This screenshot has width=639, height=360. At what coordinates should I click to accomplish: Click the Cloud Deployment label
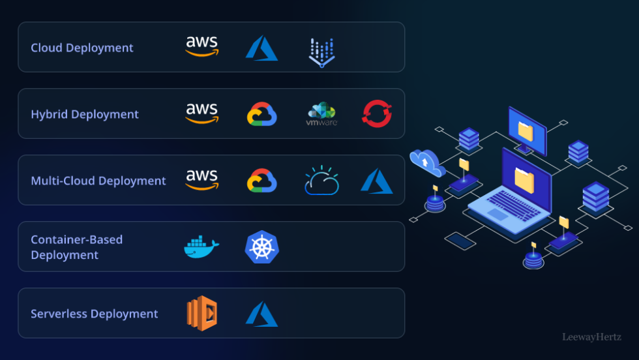coord(82,48)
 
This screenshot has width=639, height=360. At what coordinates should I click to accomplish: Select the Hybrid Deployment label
coord(85,114)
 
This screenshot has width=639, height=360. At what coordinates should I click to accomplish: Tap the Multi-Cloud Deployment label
coord(98,181)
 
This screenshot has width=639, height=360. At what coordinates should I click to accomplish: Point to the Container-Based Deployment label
coord(77,247)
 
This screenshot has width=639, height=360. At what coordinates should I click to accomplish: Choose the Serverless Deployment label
coord(95,314)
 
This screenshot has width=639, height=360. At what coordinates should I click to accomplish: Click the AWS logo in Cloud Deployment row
coord(202,46)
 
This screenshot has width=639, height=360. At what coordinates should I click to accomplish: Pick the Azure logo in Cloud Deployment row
coord(261,48)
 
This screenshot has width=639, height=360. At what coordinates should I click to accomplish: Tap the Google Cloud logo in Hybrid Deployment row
coord(262,114)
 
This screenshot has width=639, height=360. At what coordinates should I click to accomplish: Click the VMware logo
coord(321,113)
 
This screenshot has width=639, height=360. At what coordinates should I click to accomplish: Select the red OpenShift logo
coord(377,113)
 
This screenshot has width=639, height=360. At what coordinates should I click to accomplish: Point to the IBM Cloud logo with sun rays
coord(321,181)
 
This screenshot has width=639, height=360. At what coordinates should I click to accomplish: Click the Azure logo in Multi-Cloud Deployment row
coord(377,181)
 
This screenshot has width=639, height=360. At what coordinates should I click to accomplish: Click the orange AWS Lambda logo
coord(201,314)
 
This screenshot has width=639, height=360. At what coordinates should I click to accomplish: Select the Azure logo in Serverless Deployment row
coord(261,314)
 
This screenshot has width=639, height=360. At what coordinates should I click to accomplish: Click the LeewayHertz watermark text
coord(591,337)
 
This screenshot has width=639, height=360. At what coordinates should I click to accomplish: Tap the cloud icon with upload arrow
coord(426,162)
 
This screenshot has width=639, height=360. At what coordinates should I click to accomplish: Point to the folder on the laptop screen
coord(525,177)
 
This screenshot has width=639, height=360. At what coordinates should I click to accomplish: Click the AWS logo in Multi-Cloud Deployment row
coord(202,179)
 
